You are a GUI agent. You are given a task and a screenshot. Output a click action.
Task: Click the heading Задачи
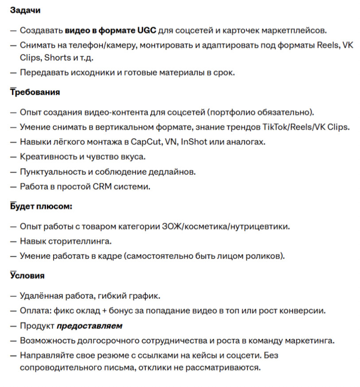25,10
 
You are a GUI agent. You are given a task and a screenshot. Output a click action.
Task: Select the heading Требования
35,93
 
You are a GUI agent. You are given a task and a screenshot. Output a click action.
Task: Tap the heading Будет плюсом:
41,207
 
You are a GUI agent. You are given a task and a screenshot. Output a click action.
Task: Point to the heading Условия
27,275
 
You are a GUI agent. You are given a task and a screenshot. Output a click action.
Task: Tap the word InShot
195,142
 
